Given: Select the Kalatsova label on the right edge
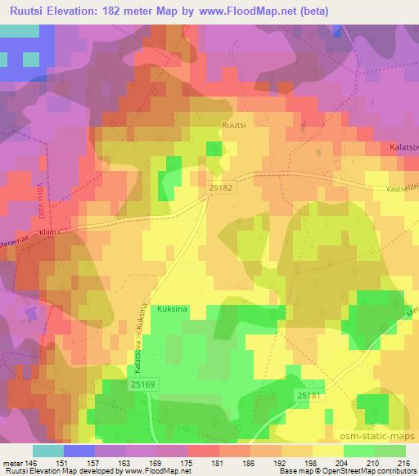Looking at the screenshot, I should point(402,148).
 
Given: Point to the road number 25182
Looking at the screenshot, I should point(219,187).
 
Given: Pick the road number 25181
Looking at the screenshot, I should point(309,396).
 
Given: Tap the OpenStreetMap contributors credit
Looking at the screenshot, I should point(361,471).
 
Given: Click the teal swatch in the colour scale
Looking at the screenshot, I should point(47,451).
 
